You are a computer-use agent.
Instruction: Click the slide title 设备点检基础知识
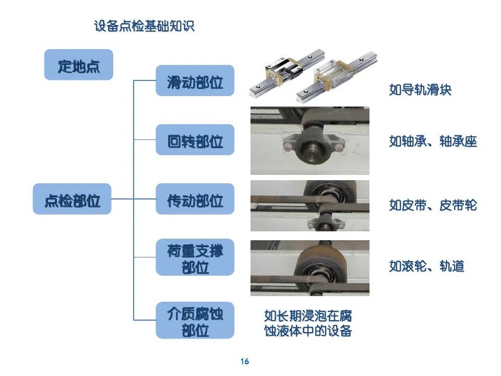pos(144,26)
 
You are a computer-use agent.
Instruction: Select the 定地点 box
pos(78,65)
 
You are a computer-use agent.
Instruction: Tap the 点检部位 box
pos(72,199)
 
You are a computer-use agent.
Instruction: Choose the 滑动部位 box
pos(195,81)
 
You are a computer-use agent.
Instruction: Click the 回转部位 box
pos(195,140)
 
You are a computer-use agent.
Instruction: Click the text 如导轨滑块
pos(420,90)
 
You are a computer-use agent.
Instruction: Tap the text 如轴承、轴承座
pos(433,141)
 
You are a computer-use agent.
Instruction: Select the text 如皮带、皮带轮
pos(433,205)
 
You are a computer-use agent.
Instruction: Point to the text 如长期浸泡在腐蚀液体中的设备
pos(308,323)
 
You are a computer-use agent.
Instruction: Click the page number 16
pos(245,361)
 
